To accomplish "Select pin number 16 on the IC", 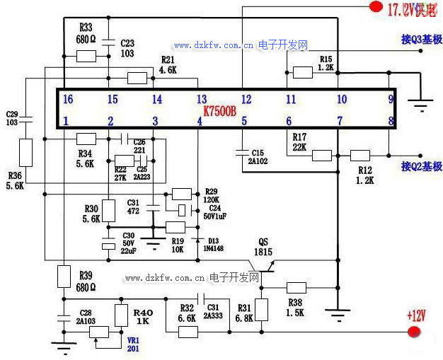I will [x=68, y=99].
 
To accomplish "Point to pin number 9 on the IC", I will [x=391, y=99].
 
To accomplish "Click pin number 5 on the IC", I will [x=244, y=121].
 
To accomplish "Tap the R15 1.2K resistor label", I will [x=326, y=63].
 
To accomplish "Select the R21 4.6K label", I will [x=168, y=65].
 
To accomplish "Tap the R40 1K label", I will [x=143, y=316].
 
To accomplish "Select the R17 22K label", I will [x=299, y=142].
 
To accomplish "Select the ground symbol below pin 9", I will [x=422, y=107].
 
